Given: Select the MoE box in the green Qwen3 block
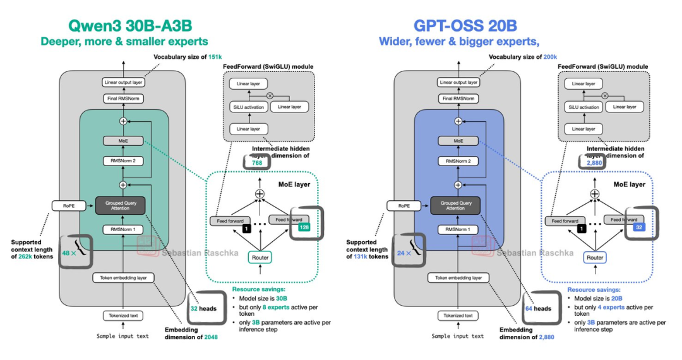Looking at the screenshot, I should pyautogui.click(x=123, y=141).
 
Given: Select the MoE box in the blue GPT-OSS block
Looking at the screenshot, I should pyautogui.click(x=458, y=141).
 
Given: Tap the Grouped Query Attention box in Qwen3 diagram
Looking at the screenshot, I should pyautogui.click(x=121, y=205).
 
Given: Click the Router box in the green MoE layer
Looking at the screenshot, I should pyautogui.click(x=260, y=258).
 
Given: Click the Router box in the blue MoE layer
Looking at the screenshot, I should pyautogui.click(x=595, y=258).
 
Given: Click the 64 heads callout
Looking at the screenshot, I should pyautogui.click(x=538, y=309).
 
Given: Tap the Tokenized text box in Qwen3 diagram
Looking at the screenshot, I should pyautogui.click(x=123, y=315).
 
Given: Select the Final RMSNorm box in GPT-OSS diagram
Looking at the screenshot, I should pyautogui.click(x=458, y=99).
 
